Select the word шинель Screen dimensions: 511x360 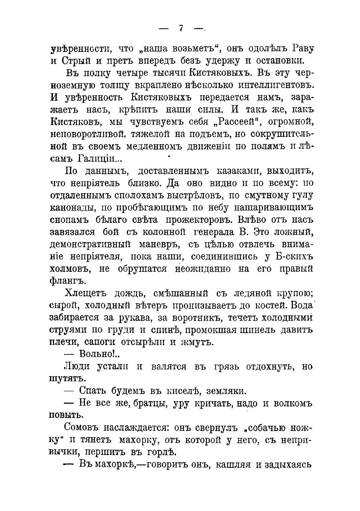point(259,330)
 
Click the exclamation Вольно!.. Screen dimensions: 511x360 point(99,354)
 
